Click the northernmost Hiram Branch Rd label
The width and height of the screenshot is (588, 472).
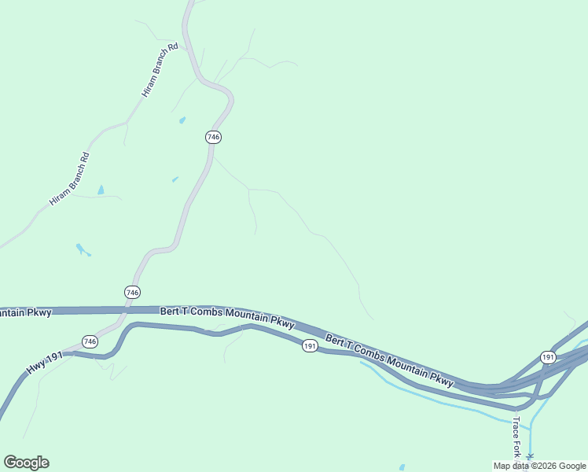click(x=161, y=70)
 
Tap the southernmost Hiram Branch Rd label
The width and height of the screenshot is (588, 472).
click(x=70, y=179)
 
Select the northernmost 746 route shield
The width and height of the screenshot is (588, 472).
click(x=214, y=137)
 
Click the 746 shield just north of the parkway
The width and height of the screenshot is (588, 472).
click(x=133, y=293)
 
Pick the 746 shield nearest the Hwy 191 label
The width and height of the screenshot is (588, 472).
click(x=90, y=341)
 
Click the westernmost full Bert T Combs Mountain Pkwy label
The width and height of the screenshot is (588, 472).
click(x=227, y=317)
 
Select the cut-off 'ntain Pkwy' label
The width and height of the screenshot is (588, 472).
click(x=26, y=312)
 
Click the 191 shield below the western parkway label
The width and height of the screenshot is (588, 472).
click(x=310, y=346)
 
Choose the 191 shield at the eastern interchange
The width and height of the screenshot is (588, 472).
click(x=548, y=358)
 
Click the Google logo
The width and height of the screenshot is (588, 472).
click(x=26, y=463)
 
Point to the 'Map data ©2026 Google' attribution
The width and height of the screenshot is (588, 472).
click(x=539, y=466)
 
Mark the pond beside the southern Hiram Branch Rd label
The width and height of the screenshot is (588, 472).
click(x=101, y=190)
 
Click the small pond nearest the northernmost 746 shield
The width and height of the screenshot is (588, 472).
click(x=182, y=120)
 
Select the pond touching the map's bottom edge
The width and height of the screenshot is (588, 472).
click(x=402, y=467)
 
